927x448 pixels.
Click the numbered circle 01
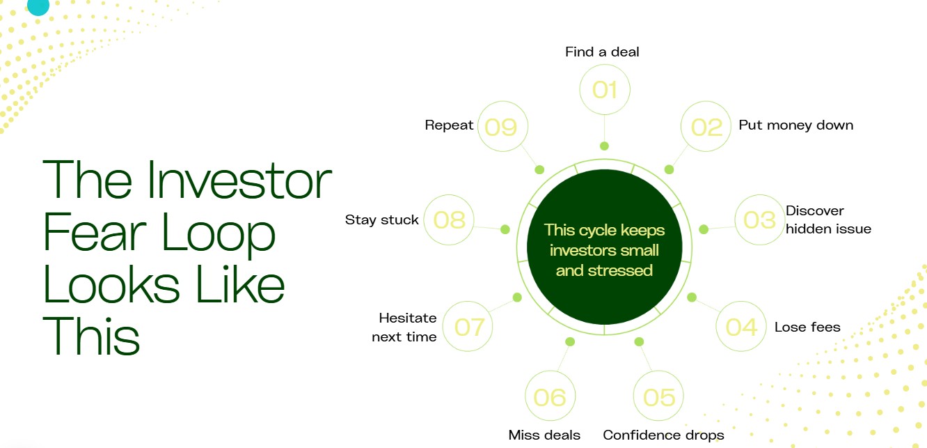click(605, 89)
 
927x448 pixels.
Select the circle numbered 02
click(706, 126)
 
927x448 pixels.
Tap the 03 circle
click(760, 219)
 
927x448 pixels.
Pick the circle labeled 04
click(741, 327)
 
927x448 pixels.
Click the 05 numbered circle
click(658, 396)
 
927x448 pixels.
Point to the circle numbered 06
click(550, 396)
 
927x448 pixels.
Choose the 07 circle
click(468, 327)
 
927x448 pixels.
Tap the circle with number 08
click(449, 219)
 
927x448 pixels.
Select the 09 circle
click(502, 126)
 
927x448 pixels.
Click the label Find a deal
click(602, 52)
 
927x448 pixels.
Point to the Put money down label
click(795, 125)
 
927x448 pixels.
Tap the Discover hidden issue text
click(828, 219)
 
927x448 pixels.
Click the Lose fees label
click(807, 327)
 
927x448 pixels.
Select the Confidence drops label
click(663, 435)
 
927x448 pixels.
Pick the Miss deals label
click(544, 435)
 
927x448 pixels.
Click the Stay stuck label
click(381, 219)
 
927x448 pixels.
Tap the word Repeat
click(449, 125)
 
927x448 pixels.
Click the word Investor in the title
click(239, 180)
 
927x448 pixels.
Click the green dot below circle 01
click(604, 146)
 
